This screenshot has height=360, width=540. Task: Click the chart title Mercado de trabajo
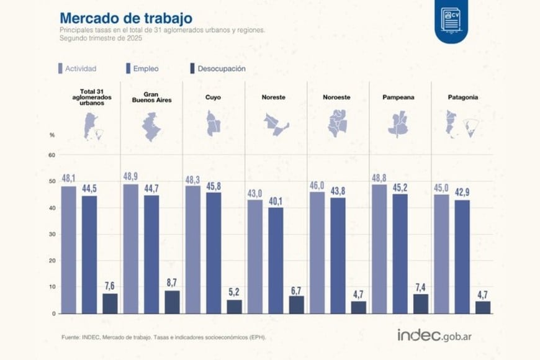(x=125, y=17)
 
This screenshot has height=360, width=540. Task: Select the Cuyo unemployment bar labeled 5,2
(x=234, y=307)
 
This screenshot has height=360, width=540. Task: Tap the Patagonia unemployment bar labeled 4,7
(x=482, y=307)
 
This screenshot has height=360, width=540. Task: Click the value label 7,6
(x=110, y=286)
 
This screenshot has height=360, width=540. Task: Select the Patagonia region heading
(x=462, y=97)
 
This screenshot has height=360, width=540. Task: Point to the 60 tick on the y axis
(x=52, y=155)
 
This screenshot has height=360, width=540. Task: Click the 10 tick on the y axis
(x=52, y=287)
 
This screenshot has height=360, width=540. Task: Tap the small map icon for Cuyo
(x=214, y=124)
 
